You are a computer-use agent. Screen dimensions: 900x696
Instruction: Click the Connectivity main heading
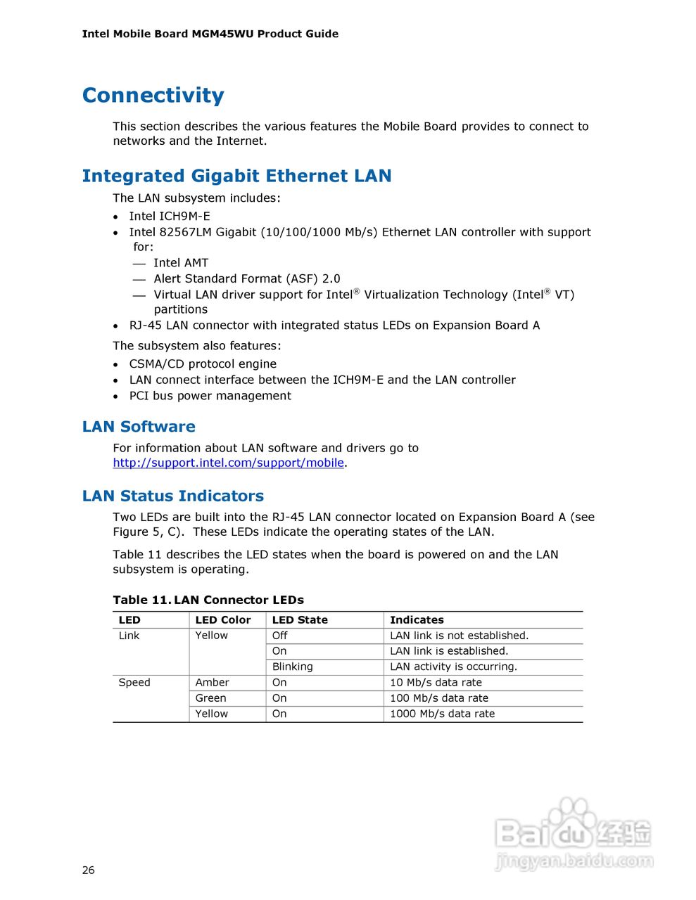point(153,95)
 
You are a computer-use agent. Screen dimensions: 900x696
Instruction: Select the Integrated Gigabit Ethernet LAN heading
point(236,176)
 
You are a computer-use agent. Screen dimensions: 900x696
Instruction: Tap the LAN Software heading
point(139,426)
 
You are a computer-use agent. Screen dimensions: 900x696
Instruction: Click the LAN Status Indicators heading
point(172,496)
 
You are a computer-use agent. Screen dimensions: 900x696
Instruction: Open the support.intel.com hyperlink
point(228,463)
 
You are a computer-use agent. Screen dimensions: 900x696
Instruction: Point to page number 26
point(88,870)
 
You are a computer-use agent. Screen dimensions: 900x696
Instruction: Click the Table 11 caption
point(208,600)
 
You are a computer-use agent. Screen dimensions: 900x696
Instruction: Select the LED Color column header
point(222,619)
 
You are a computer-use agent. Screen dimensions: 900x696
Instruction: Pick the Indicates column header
point(417,619)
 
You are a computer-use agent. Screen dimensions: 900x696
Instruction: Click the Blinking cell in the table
point(292,667)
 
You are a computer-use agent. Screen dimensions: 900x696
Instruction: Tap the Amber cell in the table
point(212,682)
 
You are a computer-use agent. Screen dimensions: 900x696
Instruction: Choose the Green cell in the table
point(210,697)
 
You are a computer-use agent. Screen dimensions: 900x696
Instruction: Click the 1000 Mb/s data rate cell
point(442,714)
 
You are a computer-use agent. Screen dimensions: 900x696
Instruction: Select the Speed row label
point(134,682)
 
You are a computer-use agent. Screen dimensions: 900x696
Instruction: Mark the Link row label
point(129,635)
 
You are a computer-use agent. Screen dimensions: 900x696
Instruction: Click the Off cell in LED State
point(279,635)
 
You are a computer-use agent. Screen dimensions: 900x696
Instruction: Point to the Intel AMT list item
point(181,263)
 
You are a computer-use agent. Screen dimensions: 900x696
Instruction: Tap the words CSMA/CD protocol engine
point(203,364)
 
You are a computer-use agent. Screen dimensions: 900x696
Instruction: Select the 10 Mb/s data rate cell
point(436,682)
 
